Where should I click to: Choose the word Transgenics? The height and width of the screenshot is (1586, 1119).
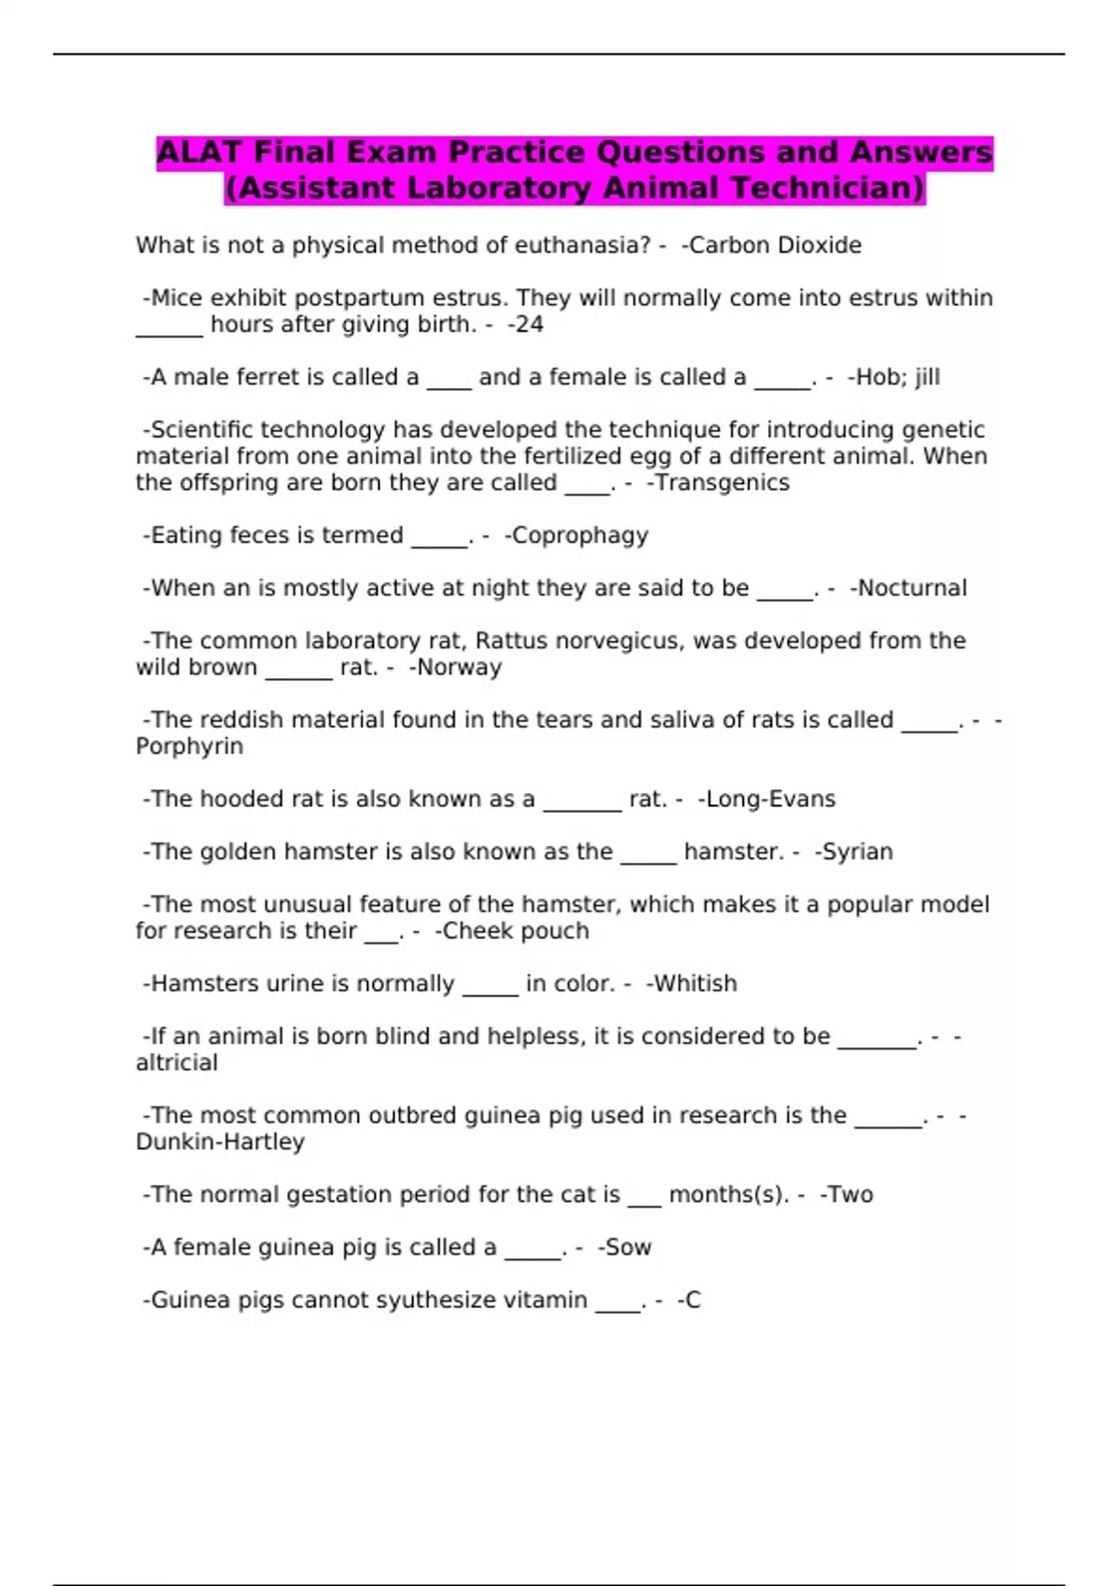[x=723, y=482]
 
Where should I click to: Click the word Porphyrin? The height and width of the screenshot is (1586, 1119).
[x=189, y=746]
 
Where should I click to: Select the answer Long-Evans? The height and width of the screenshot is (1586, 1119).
[x=771, y=799]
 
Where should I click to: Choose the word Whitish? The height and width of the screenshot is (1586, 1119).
[x=696, y=983]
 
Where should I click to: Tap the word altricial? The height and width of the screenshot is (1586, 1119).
[x=177, y=1063]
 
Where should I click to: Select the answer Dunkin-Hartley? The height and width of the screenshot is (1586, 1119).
[x=220, y=1142]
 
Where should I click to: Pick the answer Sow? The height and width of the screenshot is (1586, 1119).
[x=629, y=1247]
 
